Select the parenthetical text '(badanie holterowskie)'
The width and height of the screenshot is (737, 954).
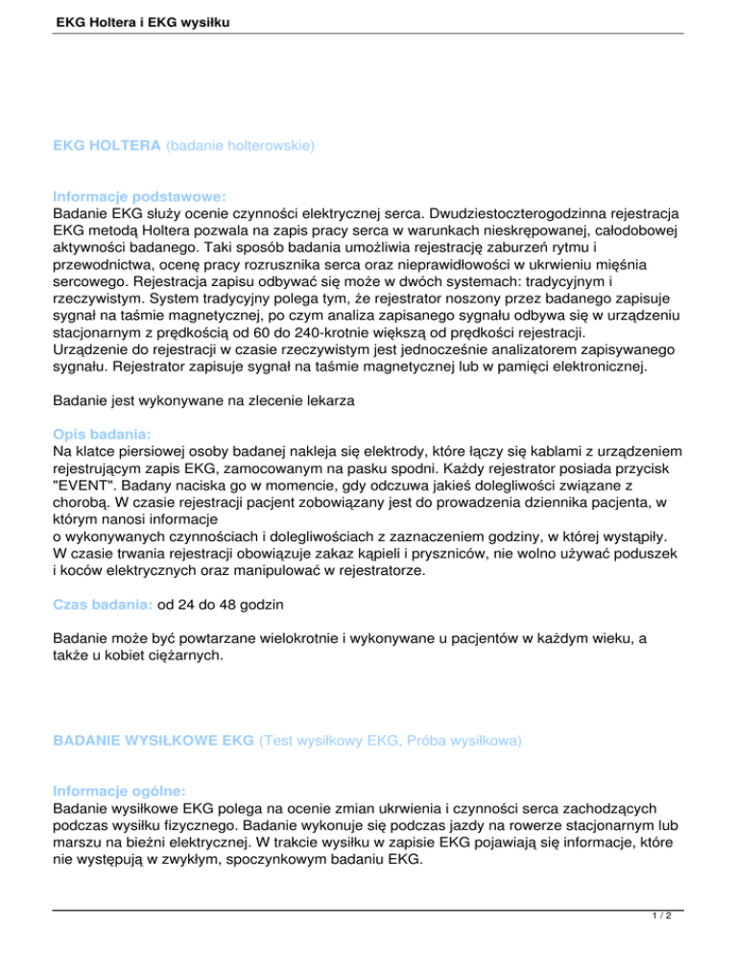point(241,147)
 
